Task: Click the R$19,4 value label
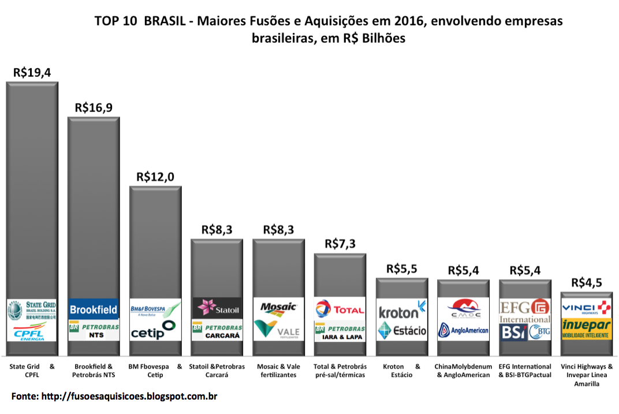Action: (x=32, y=73)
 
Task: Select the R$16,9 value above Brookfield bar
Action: (x=94, y=108)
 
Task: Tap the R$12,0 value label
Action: (x=155, y=177)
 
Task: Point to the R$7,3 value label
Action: (x=340, y=244)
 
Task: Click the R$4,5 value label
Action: (x=587, y=283)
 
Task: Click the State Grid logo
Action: (x=32, y=310)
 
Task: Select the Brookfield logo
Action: (x=94, y=309)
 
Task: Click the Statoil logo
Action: (x=217, y=308)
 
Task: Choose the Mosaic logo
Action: (x=278, y=308)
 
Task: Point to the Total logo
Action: (x=340, y=309)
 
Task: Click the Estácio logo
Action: (x=402, y=331)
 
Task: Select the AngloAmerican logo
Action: (x=463, y=331)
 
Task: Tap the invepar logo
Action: (x=587, y=328)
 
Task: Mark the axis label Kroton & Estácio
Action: (x=402, y=371)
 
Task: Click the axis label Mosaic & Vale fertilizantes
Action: (x=278, y=371)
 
